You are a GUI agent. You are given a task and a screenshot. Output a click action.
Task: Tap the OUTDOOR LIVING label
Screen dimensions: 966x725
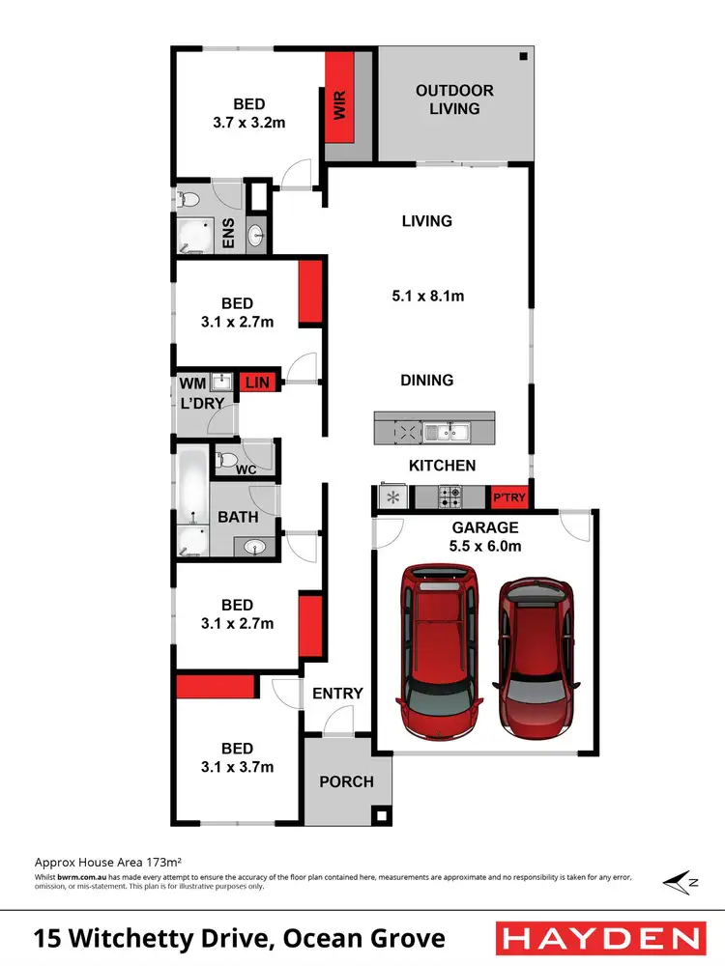click(454, 99)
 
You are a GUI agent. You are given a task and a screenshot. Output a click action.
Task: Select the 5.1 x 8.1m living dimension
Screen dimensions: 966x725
click(427, 296)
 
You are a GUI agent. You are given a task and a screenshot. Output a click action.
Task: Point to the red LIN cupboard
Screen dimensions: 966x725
click(258, 383)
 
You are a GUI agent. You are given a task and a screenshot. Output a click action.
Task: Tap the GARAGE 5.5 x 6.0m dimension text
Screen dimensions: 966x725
click(485, 545)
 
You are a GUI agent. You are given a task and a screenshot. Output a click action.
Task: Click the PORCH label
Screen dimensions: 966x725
click(346, 781)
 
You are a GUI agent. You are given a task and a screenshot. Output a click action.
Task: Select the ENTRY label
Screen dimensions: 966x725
click(337, 693)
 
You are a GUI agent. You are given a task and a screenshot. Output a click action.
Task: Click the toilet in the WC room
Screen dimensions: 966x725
click(227, 459)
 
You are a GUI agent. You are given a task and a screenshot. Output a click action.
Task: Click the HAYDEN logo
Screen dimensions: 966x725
click(599, 937)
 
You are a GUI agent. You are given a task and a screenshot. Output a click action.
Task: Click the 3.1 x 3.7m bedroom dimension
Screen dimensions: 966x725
click(237, 767)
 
